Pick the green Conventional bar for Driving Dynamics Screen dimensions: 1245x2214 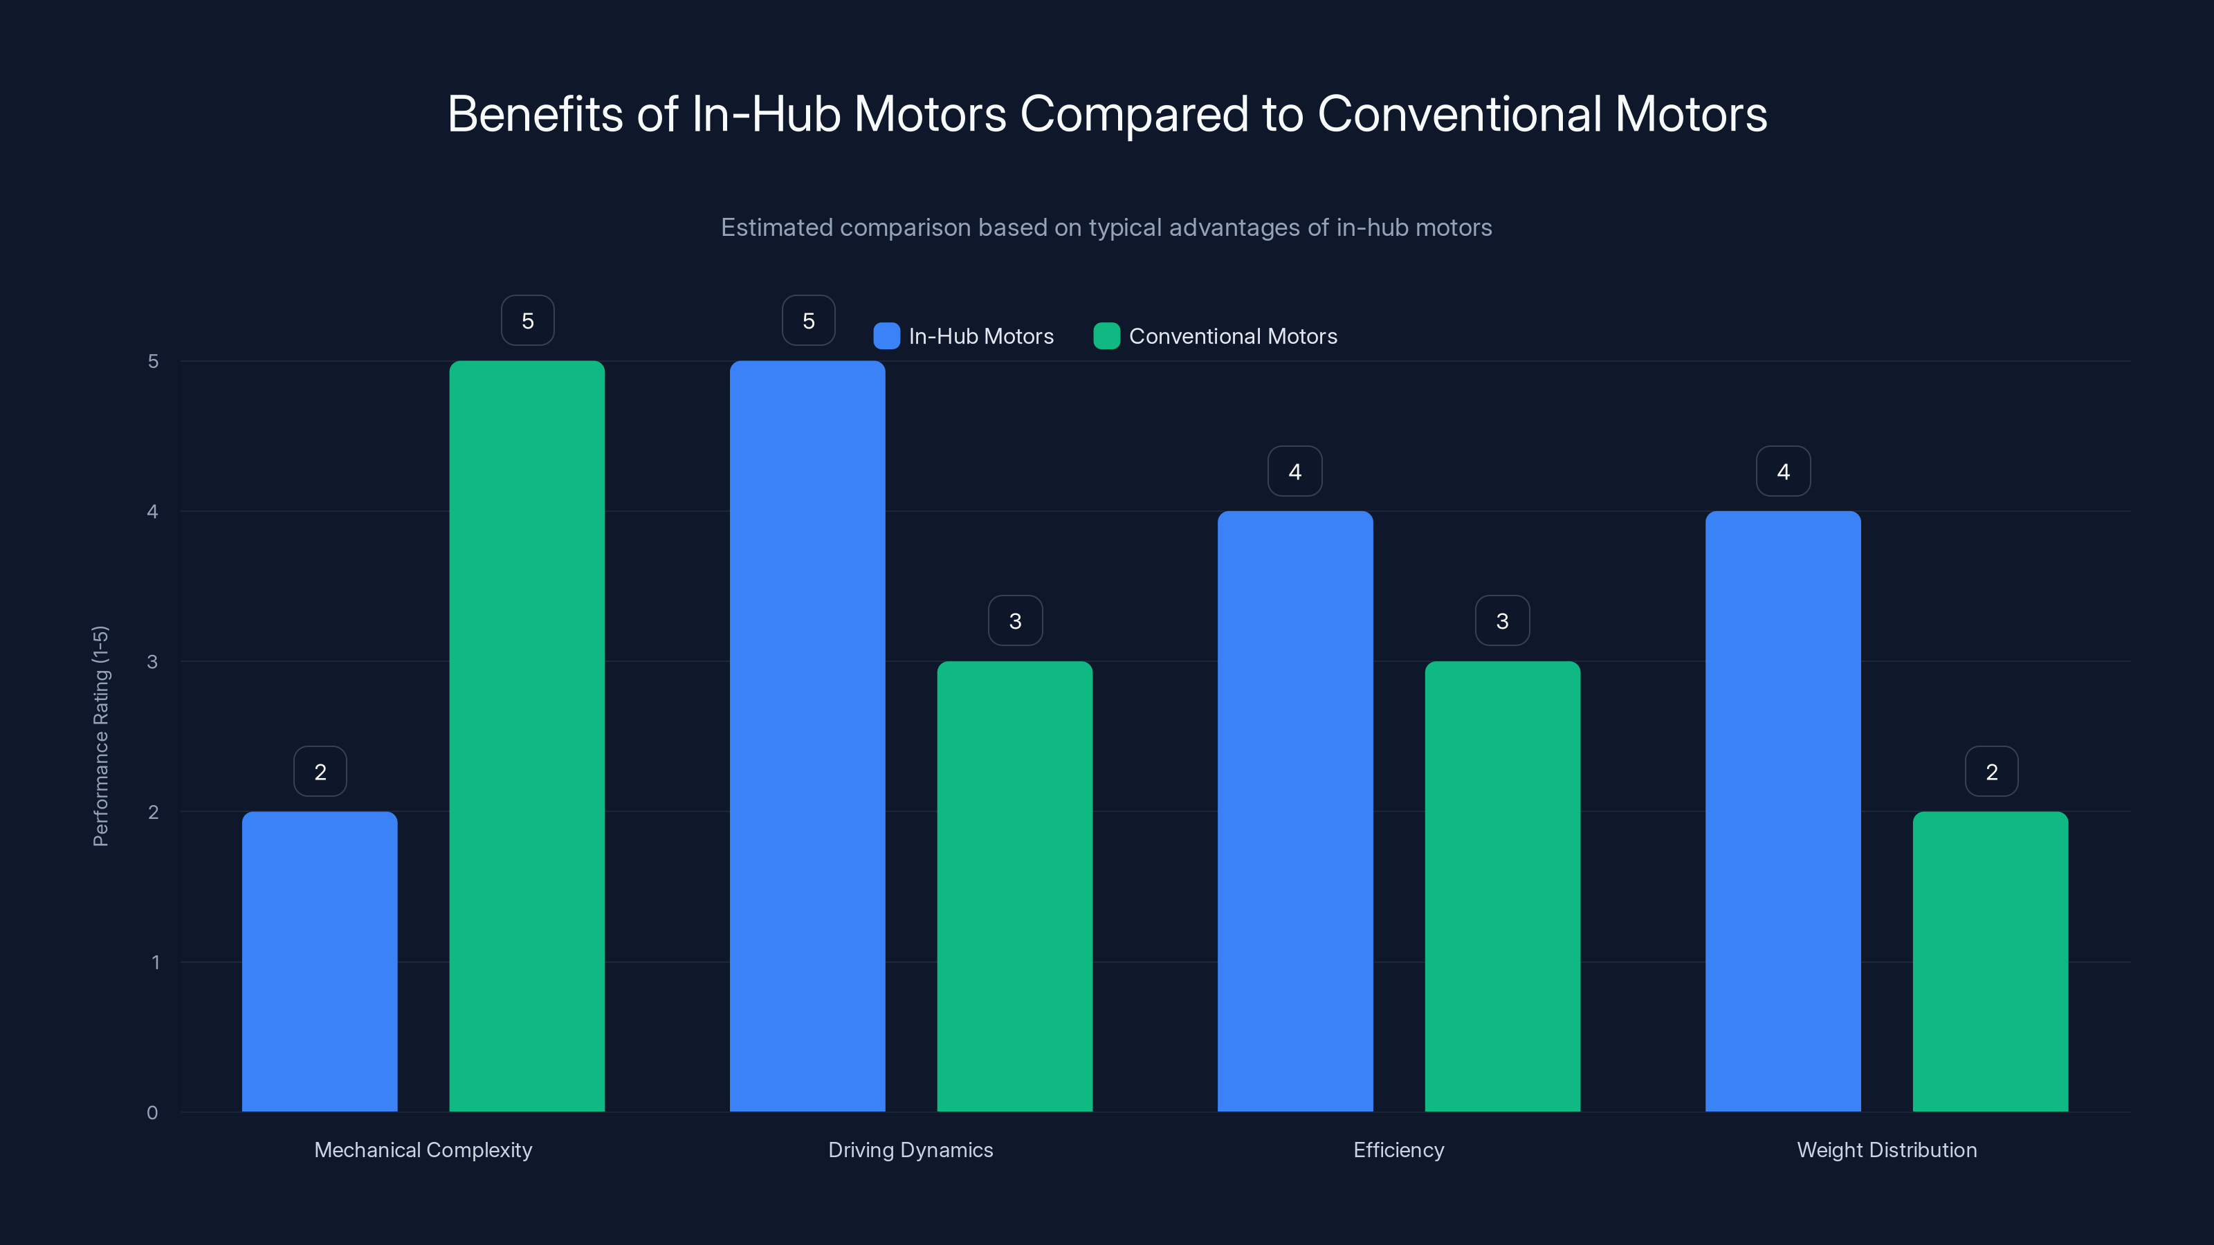point(1014,886)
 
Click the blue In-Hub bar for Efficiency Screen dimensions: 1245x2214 point(1295,811)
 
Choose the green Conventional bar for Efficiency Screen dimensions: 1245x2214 point(1502,886)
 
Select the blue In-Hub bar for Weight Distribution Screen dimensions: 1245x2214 point(1782,811)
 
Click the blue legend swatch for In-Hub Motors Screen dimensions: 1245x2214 point(886,336)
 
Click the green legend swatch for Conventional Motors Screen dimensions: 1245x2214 point(1106,336)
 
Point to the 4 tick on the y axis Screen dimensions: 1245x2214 point(153,512)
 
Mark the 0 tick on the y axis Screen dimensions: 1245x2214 point(153,1113)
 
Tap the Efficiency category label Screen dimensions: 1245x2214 point(1398,1150)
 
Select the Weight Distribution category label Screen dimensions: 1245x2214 point(1887,1150)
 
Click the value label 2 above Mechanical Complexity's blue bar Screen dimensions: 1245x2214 point(320,772)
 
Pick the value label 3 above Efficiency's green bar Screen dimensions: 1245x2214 point(1502,621)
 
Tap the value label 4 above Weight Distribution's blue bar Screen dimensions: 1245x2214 point(1782,472)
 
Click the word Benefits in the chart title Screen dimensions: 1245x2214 point(535,114)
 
